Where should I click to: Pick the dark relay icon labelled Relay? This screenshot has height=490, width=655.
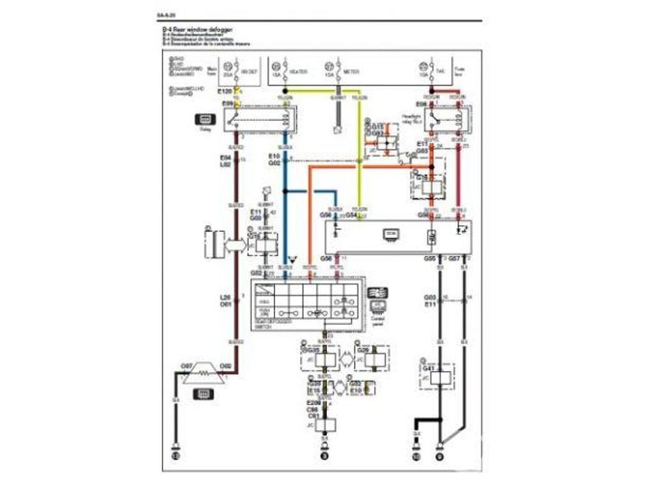click(206, 119)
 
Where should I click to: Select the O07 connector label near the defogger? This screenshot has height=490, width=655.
click(187, 366)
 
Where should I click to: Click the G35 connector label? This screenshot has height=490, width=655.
click(313, 350)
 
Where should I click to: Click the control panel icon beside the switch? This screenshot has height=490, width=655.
click(379, 294)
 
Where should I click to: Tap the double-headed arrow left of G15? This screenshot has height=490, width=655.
click(235, 244)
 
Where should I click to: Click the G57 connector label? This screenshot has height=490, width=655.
click(454, 258)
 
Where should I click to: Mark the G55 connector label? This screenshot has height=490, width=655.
click(430, 258)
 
